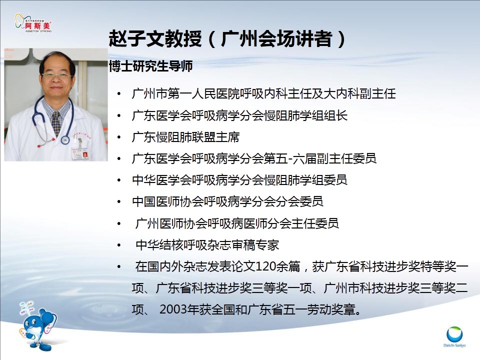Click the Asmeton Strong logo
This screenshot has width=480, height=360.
pyautogui.click(x=33, y=22)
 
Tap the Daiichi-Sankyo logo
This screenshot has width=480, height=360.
pyautogui.click(x=454, y=336)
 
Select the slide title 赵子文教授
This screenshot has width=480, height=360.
pyautogui.click(x=155, y=39)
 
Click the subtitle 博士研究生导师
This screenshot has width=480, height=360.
pyautogui.click(x=150, y=66)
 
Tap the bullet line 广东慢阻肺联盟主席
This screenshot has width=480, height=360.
pyautogui.click(x=185, y=137)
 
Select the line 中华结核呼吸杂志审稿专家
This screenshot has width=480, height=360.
pyautogui.click(x=207, y=245)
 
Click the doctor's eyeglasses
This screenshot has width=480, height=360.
pyautogui.click(x=56, y=75)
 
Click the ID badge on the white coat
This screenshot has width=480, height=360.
pyautogui.click(x=80, y=153)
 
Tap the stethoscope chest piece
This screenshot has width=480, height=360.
pyautogui.click(x=65, y=140)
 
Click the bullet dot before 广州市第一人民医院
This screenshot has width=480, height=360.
pyautogui.click(x=119, y=94)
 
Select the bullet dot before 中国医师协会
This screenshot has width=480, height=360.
pyautogui.click(x=119, y=201)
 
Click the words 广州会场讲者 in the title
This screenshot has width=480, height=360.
pyautogui.click(x=276, y=39)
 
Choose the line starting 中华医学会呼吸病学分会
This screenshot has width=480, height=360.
pyautogui.click(x=239, y=180)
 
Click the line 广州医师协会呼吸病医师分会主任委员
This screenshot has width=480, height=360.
pyautogui.click(x=237, y=223)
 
